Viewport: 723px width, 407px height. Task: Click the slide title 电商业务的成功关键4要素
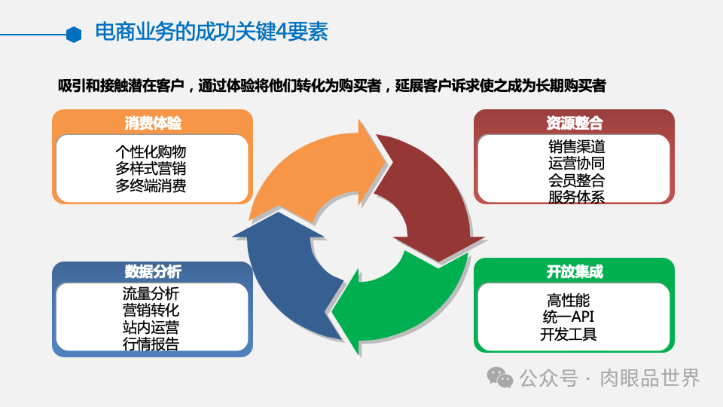(211, 32)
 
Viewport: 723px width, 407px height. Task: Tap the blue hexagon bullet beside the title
(73, 34)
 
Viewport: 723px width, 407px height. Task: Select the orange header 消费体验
(152, 123)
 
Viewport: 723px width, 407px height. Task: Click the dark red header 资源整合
(574, 123)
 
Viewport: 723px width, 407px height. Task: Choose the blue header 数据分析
(152, 272)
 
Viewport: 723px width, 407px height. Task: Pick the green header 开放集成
(574, 272)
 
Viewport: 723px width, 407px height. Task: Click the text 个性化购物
(151, 151)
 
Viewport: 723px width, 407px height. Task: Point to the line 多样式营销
(151, 168)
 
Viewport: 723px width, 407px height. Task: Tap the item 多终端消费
(151, 185)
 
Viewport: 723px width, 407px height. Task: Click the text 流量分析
(151, 293)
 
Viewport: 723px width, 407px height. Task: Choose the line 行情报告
(151, 344)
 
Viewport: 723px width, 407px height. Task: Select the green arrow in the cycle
(407, 294)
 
